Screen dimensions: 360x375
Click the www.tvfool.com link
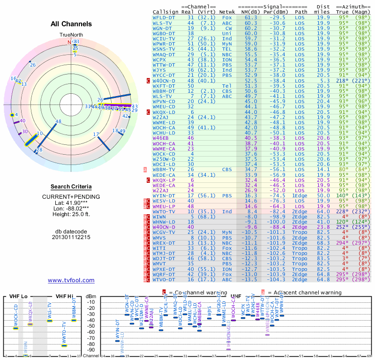[x=71, y=280]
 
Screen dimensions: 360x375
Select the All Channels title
[x=71, y=24]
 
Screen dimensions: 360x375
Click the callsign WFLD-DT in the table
[x=165, y=17]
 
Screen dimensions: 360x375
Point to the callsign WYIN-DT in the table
[x=165, y=195]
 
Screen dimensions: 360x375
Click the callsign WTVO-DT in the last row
[x=165, y=280]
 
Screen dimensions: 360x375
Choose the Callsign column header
[x=166, y=11]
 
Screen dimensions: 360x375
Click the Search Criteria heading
[x=71, y=187]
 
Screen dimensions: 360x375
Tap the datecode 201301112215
[x=71, y=237]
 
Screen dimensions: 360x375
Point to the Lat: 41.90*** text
[x=71, y=202]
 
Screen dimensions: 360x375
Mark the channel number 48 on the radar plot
[x=58, y=122]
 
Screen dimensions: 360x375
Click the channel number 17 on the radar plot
[x=96, y=135]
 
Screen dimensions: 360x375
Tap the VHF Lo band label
[x=18, y=296]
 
